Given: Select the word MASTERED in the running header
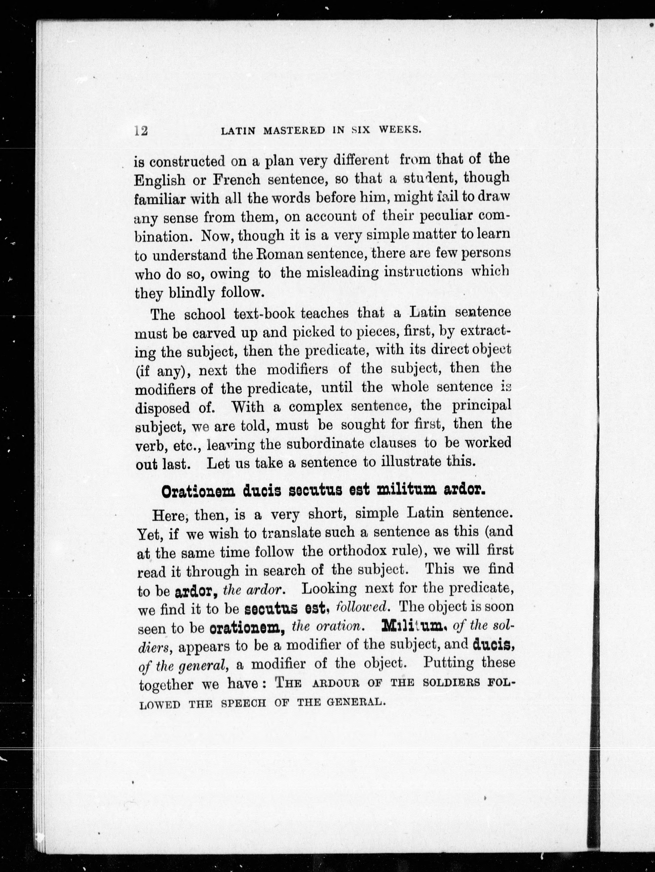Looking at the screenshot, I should (294, 131).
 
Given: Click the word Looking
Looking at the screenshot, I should (329, 588).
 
